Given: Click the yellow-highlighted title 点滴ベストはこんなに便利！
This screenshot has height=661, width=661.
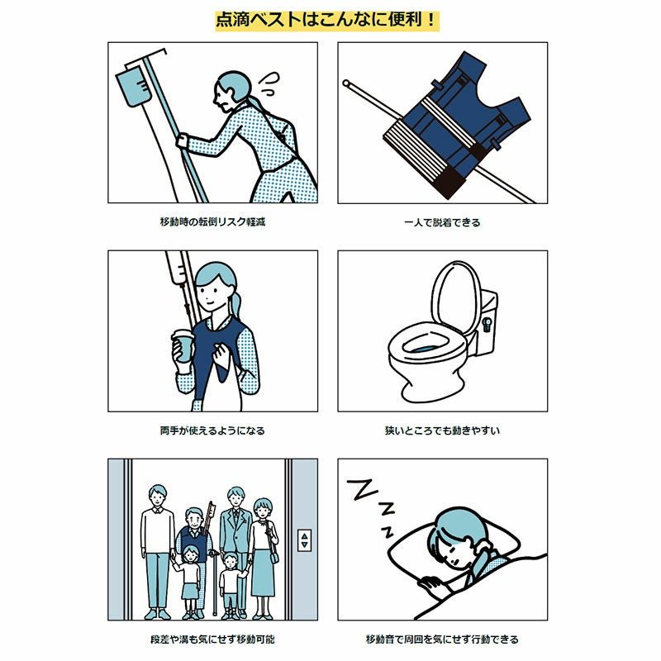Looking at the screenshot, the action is (327, 21).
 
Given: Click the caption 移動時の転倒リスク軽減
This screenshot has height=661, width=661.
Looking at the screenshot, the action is (212, 221).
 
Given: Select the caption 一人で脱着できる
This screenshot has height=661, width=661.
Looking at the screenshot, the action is (442, 222).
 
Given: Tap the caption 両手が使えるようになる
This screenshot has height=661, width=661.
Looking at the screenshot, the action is (212, 430).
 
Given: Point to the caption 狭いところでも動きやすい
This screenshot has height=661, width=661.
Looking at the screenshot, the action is (442, 430).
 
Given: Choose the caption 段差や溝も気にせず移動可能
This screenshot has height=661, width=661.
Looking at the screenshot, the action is (212, 639).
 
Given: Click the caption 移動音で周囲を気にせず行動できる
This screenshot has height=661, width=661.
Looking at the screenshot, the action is (442, 639).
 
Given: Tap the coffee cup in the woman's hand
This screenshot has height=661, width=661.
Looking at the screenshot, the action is (183, 345).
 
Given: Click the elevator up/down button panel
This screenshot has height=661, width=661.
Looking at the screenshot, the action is (304, 540).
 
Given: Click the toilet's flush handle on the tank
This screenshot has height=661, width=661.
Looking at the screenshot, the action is (487, 325).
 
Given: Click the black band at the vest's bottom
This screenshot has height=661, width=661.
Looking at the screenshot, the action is (448, 183).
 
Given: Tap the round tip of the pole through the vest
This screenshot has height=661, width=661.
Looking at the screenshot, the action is (345, 83).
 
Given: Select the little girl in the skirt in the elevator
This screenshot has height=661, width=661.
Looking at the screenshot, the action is (190, 582).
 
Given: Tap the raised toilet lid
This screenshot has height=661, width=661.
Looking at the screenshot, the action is (456, 295).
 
